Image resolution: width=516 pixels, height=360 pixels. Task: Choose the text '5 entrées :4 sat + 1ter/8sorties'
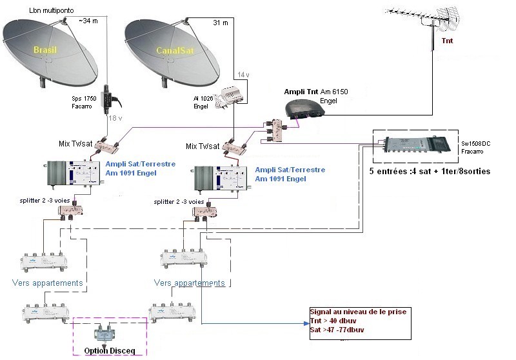coord(429,172)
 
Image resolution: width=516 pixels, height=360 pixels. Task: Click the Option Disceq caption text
coord(109,351)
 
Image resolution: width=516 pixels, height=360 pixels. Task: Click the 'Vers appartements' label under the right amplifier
coord(190,283)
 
